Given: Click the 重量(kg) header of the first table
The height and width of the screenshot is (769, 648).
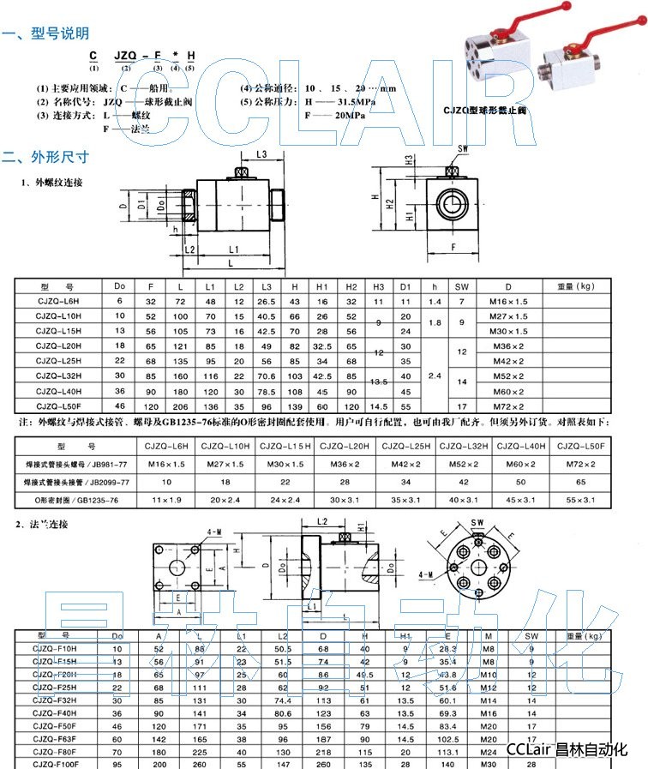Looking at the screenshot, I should [575, 286].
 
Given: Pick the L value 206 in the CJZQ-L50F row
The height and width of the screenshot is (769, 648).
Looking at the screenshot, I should [179, 406].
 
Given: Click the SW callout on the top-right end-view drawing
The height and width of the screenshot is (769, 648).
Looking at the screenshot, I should [464, 149].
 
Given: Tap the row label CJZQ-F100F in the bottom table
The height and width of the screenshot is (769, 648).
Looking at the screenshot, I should [57, 763].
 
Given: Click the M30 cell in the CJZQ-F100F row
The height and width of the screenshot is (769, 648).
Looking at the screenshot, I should [488, 763].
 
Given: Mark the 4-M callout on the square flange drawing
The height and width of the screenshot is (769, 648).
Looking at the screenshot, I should [215, 532].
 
